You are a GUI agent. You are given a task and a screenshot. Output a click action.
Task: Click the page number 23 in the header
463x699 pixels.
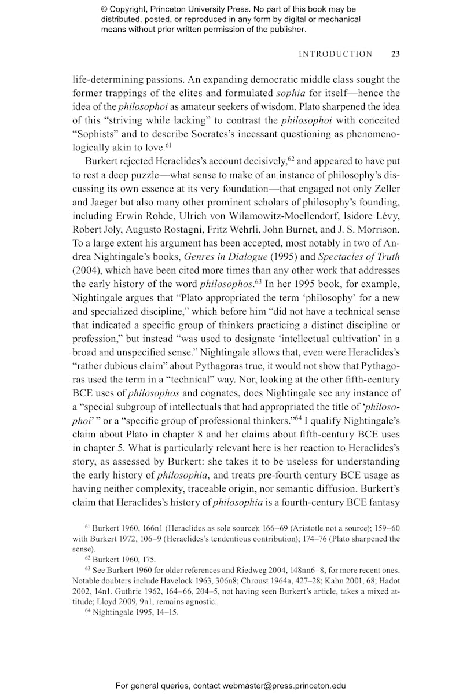tap(395, 54)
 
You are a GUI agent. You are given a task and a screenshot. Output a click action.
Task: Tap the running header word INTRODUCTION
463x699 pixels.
tap(335, 54)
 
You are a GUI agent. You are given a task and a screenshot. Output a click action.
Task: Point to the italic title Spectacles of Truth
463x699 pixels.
tap(358, 256)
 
